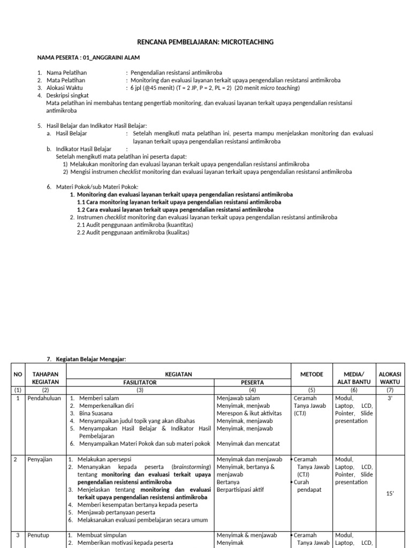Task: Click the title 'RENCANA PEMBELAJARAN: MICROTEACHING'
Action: pyautogui.click(x=206, y=42)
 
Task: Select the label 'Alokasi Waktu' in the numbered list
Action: pyautogui.click(x=65, y=88)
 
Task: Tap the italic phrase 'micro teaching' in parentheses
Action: pyautogui.click(x=280, y=88)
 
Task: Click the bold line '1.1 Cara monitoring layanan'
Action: pyautogui.click(x=179, y=202)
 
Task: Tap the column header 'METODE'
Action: pyautogui.click(x=309, y=374)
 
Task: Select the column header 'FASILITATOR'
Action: pyautogui.click(x=140, y=383)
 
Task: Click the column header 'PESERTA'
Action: pyautogui.click(x=252, y=383)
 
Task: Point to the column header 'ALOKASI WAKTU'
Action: pyautogui.click(x=390, y=378)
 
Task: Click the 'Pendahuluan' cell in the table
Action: pyautogui.click(x=45, y=399)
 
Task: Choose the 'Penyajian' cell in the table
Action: pyautogui.click(x=40, y=460)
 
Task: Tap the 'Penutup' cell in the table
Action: pyautogui.click(x=39, y=535)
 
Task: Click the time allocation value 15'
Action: pyautogui.click(x=390, y=493)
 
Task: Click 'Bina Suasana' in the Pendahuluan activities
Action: pyautogui.click(x=96, y=414)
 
